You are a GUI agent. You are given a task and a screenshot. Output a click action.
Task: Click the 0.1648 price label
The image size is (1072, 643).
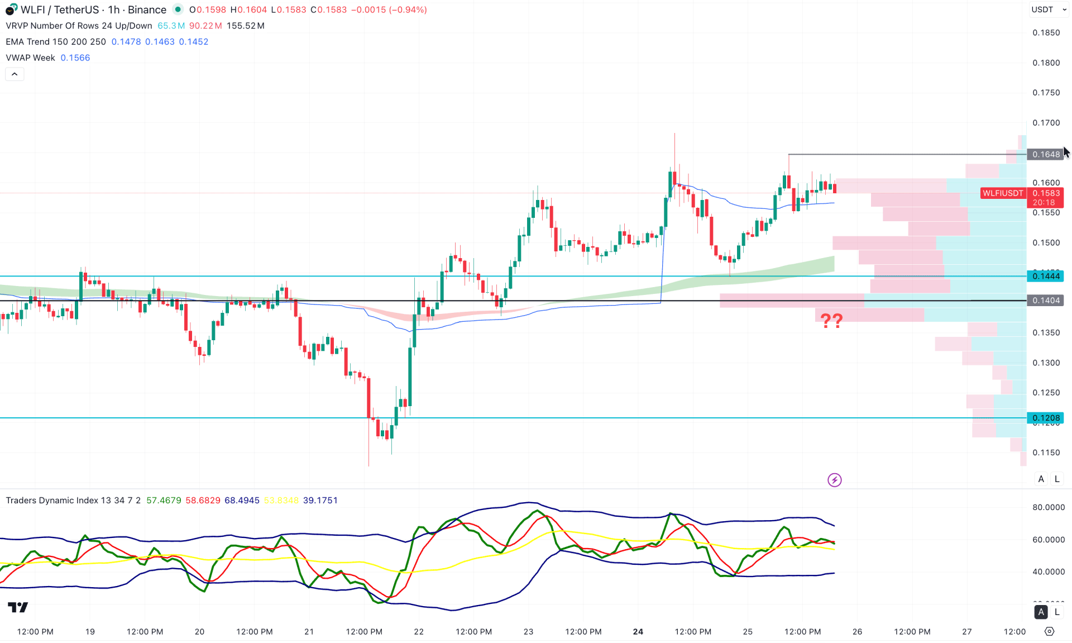(1045, 154)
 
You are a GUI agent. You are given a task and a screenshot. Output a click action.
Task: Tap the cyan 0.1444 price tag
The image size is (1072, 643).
(1045, 276)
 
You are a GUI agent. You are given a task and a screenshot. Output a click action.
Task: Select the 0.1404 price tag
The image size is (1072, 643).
(1045, 301)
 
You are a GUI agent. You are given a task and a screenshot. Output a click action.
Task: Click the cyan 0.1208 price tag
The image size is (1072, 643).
(1045, 418)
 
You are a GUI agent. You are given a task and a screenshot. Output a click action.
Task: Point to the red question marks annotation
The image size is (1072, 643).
(831, 321)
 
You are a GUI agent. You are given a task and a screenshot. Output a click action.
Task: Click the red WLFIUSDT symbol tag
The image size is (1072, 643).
(1003, 193)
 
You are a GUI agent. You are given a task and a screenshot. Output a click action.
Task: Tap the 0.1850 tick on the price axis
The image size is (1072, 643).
(1046, 32)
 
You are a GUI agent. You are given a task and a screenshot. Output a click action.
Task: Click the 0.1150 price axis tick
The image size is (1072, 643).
(1046, 453)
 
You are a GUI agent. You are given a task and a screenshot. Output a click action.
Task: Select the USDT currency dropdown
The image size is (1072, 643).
(1049, 9)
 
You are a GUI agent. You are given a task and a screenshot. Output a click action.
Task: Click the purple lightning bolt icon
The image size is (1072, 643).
(834, 480)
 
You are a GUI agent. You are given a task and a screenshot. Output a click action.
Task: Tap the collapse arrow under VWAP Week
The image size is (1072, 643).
(15, 74)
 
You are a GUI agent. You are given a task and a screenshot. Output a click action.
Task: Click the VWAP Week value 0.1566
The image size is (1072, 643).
(75, 58)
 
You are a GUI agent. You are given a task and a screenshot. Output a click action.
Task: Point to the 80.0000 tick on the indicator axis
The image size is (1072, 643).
(1048, 507)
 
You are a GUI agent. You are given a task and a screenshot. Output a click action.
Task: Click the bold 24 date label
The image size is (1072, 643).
(638, 632)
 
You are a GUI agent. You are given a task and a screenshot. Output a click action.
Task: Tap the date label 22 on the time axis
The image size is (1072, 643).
(419, 632)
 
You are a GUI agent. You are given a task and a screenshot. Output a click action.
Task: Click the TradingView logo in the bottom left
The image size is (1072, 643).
(18, 607)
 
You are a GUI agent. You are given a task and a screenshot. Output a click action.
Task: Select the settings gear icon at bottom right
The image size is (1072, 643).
(1049, 631)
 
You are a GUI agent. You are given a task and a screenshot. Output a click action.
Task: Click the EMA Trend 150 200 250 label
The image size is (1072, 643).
(56, 42)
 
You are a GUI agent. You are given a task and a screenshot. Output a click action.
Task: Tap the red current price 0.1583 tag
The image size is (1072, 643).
(1045, 193)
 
